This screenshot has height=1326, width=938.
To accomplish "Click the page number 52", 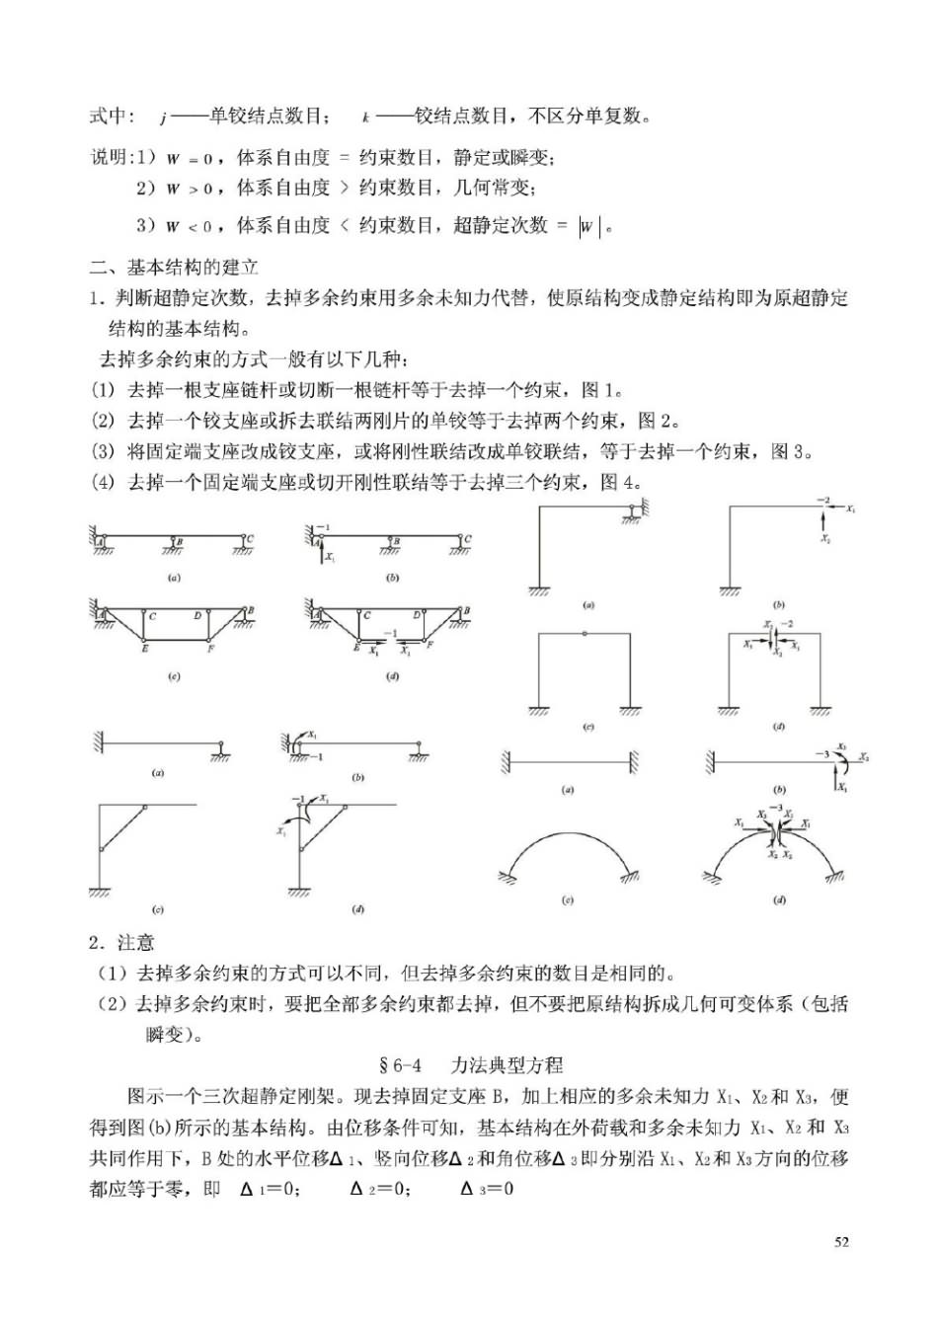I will [841, 1242].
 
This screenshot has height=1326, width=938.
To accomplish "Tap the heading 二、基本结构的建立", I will [174, 267].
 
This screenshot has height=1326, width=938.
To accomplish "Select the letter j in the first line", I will [161, 117].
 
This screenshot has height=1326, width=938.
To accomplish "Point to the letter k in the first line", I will [365, 117].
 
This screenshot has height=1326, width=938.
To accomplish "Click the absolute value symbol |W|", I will [589, 227].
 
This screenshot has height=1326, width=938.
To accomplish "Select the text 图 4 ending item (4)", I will [621, 482].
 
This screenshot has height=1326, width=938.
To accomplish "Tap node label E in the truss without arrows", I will [144, 650].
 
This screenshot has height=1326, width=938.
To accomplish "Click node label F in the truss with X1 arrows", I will [430, 644].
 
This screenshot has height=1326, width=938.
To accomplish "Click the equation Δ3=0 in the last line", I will [487, 1188].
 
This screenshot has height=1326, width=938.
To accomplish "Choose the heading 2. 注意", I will [121, 943].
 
